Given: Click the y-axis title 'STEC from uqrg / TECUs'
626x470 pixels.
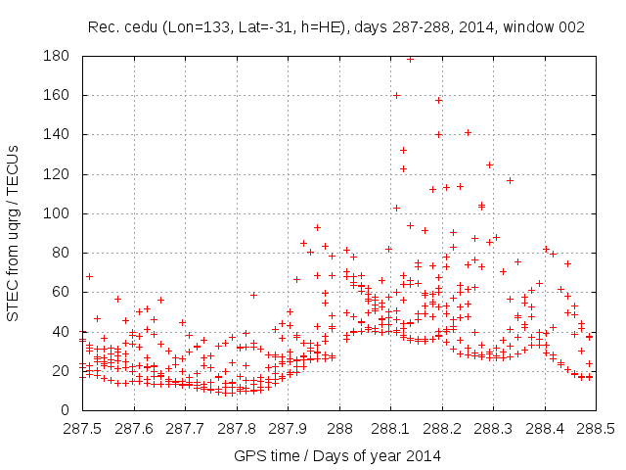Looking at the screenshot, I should [x=13, y=233].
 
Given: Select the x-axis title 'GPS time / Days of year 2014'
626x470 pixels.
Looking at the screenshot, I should [x=337, y=455].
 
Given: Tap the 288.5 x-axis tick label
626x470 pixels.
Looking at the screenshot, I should [x=596, y=428].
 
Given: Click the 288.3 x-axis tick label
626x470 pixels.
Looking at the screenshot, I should [x=493, y=428].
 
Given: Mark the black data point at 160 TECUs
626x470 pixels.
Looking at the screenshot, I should [x=396, y=95].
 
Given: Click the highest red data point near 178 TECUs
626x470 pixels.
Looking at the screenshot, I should [x=410, y=59].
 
